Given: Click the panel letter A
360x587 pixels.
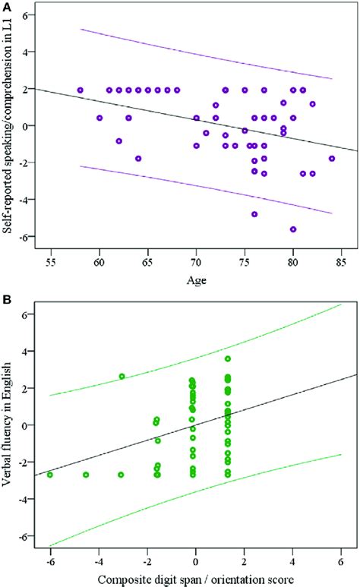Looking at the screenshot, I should [7, 7].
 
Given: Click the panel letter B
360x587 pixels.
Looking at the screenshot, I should [7, 301].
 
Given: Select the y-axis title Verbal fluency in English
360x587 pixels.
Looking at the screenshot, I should [9, 425].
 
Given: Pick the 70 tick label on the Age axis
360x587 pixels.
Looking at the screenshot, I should [196, 263].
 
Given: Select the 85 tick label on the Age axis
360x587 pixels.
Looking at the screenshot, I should [342, 263].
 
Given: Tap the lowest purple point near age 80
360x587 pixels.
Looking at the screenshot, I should [293, 229].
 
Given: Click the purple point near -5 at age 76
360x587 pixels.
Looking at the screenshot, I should [254, 214].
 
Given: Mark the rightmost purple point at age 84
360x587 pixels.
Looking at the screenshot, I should [332, 158].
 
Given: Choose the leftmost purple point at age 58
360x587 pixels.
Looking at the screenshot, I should [80, 90].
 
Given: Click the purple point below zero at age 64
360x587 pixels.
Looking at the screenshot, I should [138, 158].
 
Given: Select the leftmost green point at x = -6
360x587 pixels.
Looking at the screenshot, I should [50, 475].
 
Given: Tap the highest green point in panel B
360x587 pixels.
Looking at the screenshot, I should [227, 358].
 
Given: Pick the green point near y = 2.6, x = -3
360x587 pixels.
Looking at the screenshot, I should [122, 377].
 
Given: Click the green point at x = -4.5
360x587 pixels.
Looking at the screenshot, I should [86, 475].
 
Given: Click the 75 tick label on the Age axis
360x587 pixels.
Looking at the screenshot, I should [245, 263].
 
